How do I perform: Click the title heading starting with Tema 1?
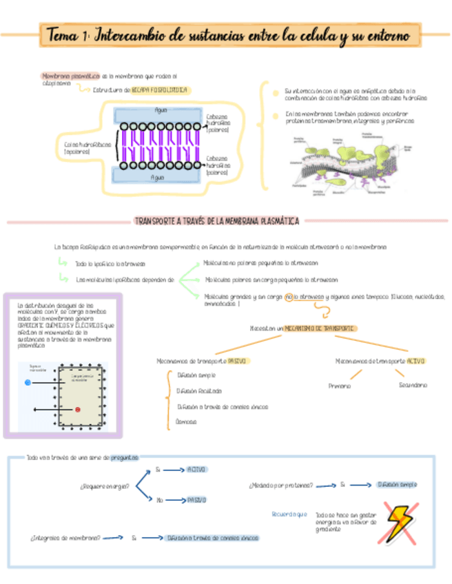coord(227,34)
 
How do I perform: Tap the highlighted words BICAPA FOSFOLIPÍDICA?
coord(159,90)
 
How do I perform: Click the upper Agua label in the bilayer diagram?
coord(161,110)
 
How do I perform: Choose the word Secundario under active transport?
coord(413,385)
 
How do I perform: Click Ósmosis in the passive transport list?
coord(186,421)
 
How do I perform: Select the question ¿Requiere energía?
coord(105,487)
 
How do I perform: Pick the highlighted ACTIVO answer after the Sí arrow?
coord(196,469)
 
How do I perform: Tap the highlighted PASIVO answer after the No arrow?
coord(196,500)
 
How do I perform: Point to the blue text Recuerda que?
coord(289,514)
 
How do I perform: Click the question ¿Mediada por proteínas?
coord(280,485)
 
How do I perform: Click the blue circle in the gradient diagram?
coord(28,382)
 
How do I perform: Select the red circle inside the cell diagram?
coord(78,410)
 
